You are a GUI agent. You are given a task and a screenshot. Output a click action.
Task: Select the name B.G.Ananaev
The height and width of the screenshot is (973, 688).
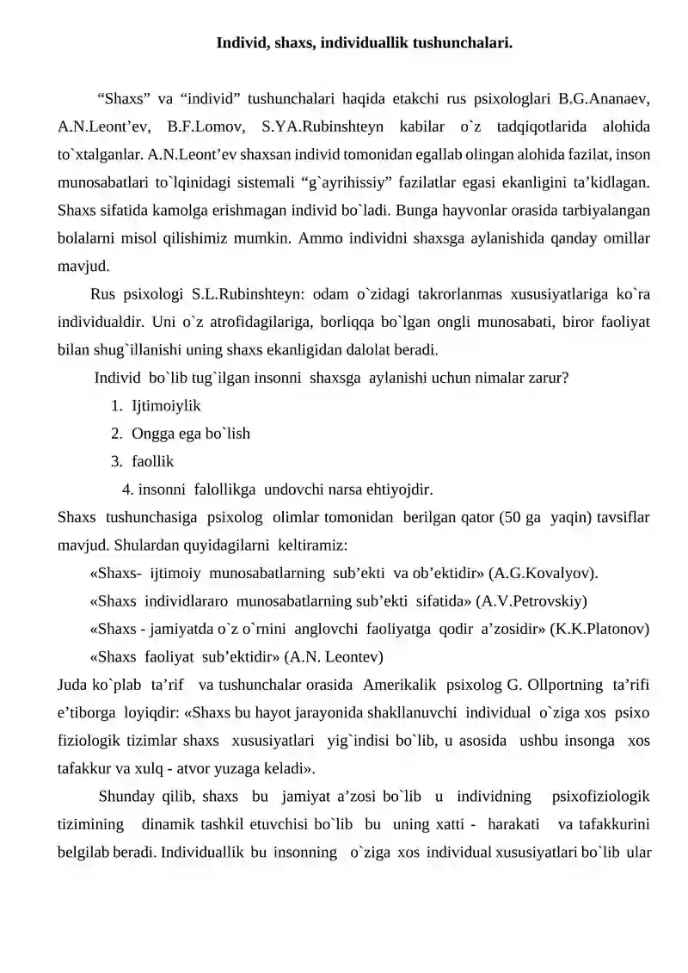pos(604,98)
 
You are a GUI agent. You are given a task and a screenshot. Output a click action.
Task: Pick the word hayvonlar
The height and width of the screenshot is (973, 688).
pos(409,211)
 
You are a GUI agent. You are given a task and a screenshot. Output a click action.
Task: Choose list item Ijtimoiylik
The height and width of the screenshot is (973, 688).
pos(166,404)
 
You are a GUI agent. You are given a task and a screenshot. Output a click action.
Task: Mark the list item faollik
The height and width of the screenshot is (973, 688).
pos(152,461)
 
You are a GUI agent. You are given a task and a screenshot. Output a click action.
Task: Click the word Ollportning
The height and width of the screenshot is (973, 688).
pos(561,685)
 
